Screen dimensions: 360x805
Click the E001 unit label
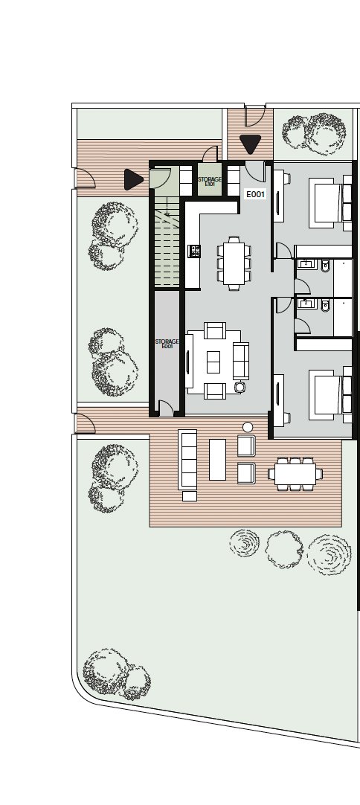pyautogui.click(x=255, y=194)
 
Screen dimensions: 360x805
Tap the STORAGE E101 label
pyautogui.click(x=210, y=181)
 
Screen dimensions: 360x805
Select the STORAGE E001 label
pyautogui.click(x=167, y=344)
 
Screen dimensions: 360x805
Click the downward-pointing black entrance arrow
pyautogui.click(x=250, y=144)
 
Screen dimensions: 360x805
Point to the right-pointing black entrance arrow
pyautogui.click(x=134, y=180)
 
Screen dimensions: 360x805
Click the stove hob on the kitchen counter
pyautogui.click(x=195, y=251)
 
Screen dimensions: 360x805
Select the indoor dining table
pyautogui.click(x=234, y=263)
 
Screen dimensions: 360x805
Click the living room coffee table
pyautogui.click(x=213, y=362)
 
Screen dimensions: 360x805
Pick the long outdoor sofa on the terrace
pyautogui.click(x=187, y=459)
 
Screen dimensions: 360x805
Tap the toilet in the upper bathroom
pyautogui.click(x=325, y=266)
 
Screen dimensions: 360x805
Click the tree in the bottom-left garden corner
pyautogui.click(x=117, y=673)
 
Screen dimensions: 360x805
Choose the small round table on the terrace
pyautogui.click(x=248, y=427)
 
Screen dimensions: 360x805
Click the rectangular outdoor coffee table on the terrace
pyautogui.click(x=217, y=460)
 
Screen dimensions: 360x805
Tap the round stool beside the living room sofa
pyautogui.click(x=240, y=387)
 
